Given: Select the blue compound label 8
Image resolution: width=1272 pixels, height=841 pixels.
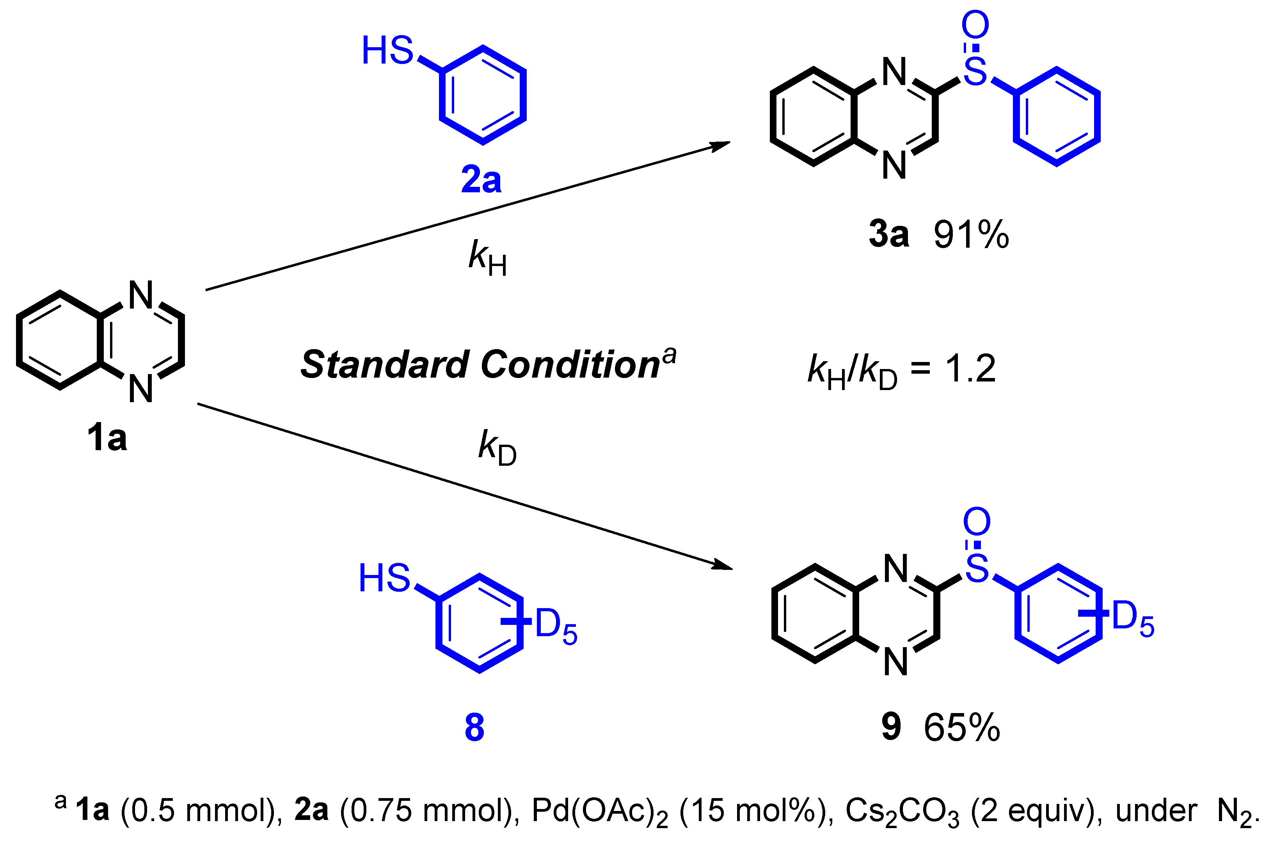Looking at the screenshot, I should point(474,728).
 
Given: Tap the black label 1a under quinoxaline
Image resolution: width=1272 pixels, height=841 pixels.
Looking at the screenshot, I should point(107,438).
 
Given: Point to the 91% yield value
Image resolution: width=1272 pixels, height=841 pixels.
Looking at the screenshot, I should point(971,235).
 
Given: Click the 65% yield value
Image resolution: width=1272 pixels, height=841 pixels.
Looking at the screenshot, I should point(962,728).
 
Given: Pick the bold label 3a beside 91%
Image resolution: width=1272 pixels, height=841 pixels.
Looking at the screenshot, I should point(889,235).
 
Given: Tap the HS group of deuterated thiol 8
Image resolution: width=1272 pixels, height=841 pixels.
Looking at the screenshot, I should point(384,578).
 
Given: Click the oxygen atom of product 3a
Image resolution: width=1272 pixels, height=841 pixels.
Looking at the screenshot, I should point(975,25).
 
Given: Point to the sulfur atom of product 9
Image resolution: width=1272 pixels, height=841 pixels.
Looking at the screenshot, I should point(976,569).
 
